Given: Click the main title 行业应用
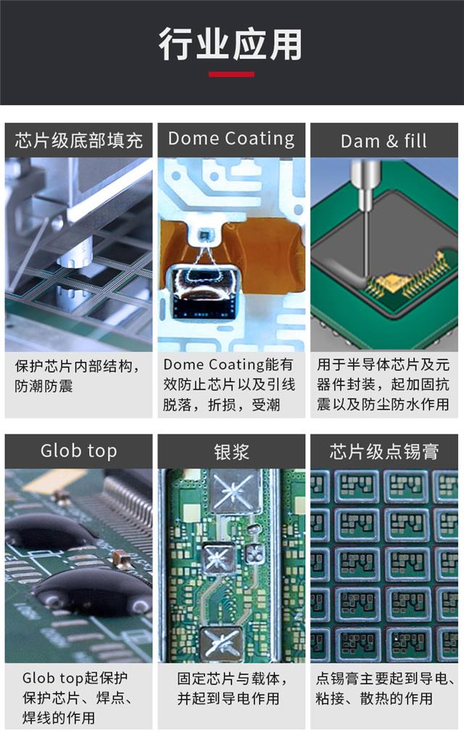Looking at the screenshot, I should [231, 44].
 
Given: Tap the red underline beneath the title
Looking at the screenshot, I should [231, 74].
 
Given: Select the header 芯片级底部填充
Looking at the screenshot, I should [79, 140].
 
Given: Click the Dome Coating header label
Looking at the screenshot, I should [231, 139].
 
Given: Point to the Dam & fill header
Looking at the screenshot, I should [384, 141].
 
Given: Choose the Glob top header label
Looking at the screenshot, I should [78, 451].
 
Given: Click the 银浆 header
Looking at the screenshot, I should [231, 452].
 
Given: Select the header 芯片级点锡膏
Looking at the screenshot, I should [384, 452].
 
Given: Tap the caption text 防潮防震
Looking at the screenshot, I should [43, 386].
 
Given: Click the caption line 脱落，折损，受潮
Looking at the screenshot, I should [221, 405].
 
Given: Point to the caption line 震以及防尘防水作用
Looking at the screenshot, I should [383, 405].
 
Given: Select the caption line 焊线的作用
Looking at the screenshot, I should [58, 718].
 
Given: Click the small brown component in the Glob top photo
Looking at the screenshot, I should [120, 559].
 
